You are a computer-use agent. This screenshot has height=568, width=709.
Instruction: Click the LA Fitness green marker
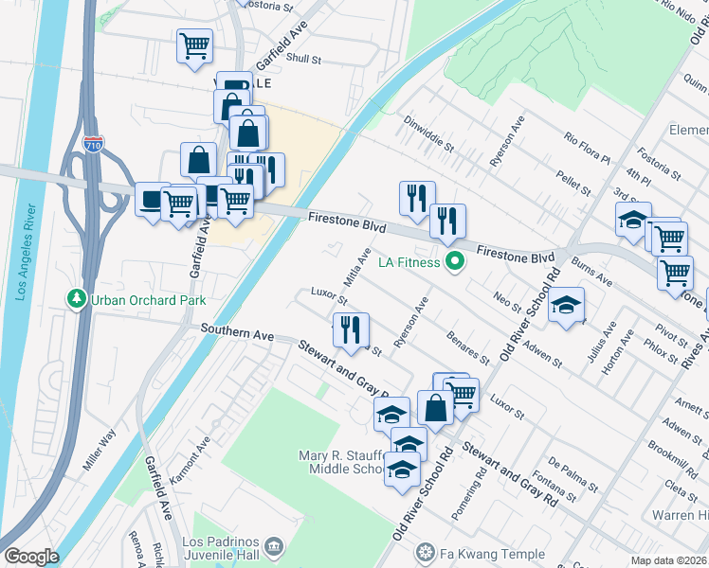click(x=455, y=262)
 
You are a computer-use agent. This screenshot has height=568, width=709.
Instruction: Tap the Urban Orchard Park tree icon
click(x=76, y=299)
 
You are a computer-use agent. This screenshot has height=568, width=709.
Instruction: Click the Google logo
click(x=30, y=557)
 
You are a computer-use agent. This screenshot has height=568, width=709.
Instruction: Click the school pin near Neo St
click(x=566, y=305)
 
